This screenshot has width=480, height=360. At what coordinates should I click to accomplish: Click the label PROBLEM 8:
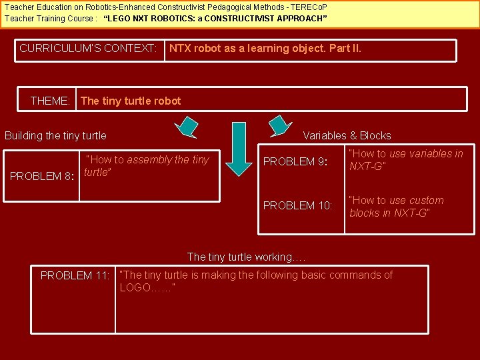41,176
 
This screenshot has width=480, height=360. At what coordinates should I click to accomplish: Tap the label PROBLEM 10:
297,205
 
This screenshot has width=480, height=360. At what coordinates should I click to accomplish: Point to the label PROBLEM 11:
75,275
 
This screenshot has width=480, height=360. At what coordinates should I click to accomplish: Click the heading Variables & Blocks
347,135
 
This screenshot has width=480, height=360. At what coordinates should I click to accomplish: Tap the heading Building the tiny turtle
55,136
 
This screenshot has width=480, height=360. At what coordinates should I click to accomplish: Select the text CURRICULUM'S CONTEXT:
88,48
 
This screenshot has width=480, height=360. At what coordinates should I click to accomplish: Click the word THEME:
50,101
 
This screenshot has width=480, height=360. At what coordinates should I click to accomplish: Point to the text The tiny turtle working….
246,257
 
